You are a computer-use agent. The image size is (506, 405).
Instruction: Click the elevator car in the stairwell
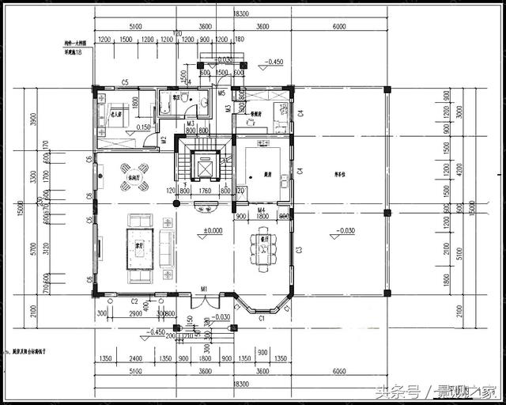point(205,166)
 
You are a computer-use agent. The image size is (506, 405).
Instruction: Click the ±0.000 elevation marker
point(211,231)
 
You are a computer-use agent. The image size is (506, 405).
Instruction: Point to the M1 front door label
point(204,290)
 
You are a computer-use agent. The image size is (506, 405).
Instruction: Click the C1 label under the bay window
point(262,317)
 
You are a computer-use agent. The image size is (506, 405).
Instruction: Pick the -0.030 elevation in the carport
point(345,231)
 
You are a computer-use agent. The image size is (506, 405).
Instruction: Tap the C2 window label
point(134,301)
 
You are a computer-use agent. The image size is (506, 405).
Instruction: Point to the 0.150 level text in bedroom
point(143,127)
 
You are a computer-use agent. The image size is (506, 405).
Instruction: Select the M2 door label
point(164,140)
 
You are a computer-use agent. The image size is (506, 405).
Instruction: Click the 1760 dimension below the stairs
point(205,191)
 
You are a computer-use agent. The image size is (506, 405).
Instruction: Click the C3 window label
point(299,251)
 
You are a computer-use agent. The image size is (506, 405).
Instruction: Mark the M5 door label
point(222,92)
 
